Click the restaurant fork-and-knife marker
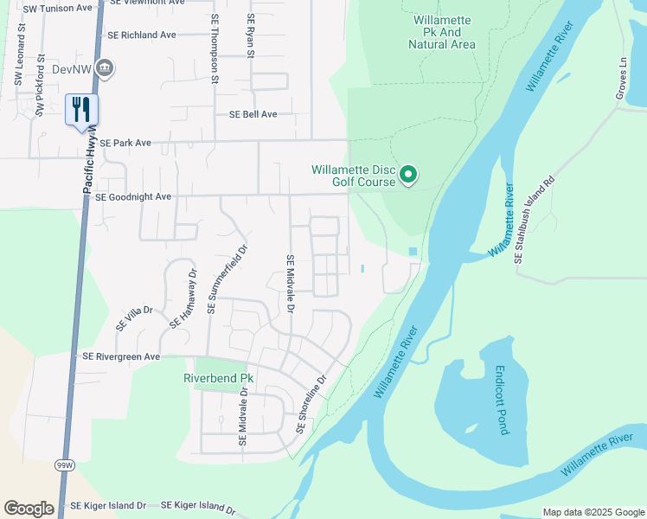click(x=82, y=110)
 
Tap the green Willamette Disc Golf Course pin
click(x=409, y=176)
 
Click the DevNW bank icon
click(x=106, y=67)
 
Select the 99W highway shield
click(x=64, y=465)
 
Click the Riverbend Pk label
click(x=218, y=378)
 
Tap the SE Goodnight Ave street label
click(x=133, y=197)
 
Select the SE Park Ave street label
click(x=125, y=143)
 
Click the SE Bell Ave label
click(x=253, y=114)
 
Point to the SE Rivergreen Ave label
click(x=121, y=356)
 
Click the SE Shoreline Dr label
click(x=311, y=404)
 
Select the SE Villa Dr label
click(x=134, y=317)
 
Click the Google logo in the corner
click(x=29, y=509)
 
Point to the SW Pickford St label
click(x=39, y=86)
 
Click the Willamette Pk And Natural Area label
click(x=445, y=32)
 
